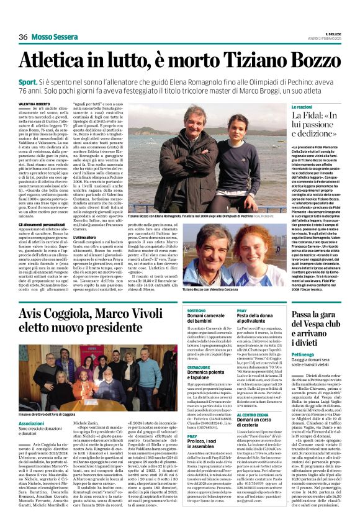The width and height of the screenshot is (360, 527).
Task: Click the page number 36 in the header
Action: coord(24,37)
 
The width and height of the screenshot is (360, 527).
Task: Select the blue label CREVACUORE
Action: coord(199,367)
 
